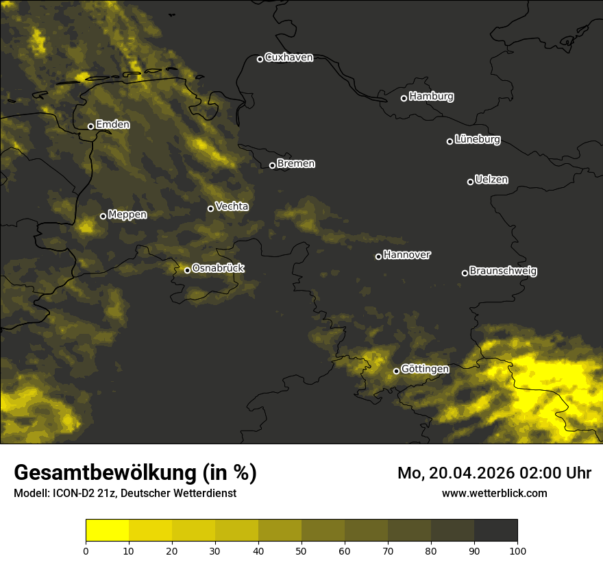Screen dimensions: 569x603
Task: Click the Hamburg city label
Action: (431, 97)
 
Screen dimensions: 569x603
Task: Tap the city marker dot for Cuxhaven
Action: (260, 59)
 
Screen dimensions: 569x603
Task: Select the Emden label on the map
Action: (112, 125)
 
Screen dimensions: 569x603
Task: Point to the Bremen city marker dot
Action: (272, 165)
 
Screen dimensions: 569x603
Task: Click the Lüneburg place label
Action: (477, 140)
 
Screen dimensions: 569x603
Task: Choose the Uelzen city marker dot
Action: (470, 182)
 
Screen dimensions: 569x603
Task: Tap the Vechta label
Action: (232, 206)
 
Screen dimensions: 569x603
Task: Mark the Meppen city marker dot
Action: (103, 216)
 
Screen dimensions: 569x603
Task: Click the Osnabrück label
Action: (218, 268)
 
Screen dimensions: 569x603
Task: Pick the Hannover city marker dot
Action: (378, 256)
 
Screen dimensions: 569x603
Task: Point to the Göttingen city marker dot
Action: (396, 371)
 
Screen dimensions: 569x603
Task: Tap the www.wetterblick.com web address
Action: (494, 493)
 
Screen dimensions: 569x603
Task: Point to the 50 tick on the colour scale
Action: (301, 550)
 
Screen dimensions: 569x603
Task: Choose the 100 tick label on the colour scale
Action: (517, 550)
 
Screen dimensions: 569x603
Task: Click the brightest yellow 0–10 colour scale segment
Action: (108, 530)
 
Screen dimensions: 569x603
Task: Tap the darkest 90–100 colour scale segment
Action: (495, 530)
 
